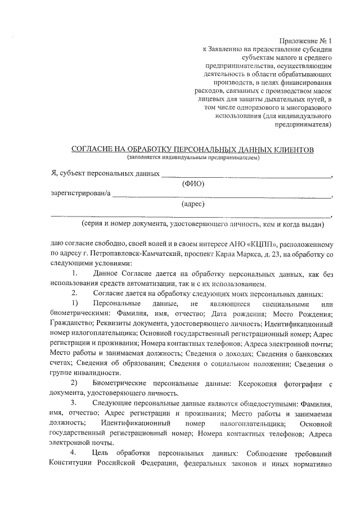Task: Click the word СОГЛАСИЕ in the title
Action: tap(95, 149)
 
